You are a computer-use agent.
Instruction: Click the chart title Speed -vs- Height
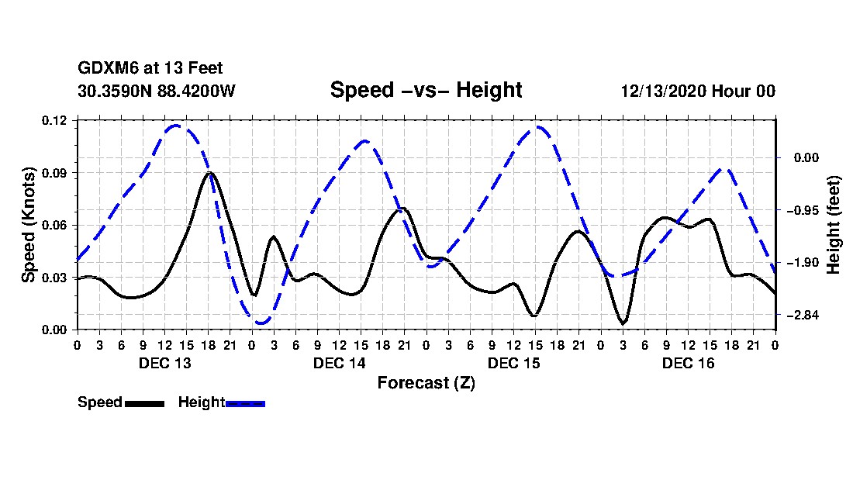[x=426, y=90]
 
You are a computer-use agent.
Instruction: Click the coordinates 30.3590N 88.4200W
[x=157, y=91]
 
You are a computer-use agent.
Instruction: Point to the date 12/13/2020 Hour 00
[x=698, y=91]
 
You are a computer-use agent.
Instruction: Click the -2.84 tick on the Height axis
[x=803, y=316]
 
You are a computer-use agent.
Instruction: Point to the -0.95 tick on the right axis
[x=803, y=210]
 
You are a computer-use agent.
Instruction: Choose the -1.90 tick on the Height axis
[x=803, y=263]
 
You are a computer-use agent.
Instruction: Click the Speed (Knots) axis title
[x=28, y=225]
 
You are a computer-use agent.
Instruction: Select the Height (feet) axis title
[x=833, y=225]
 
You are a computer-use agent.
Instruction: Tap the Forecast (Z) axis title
[x=427, y=383]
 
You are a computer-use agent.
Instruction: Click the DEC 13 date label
[x=165, y=363]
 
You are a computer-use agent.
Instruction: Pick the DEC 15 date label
[x=513, y=363]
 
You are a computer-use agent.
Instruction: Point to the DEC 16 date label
[x=688, y=363]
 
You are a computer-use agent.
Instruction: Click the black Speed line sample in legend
[x=145, y=403]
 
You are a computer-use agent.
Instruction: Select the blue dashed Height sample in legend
[x=245, y=403]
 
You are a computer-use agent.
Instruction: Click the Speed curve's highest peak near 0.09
[x=209, y=173]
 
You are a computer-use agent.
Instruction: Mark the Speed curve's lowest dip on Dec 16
[x=623, y=323]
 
